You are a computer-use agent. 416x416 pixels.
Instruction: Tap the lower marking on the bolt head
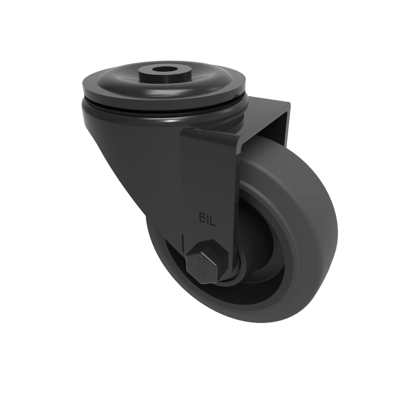(x=200, y=272)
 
